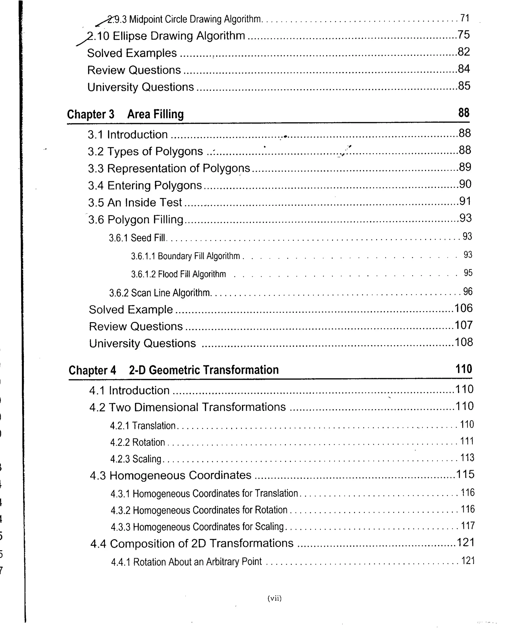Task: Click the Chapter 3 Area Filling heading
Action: (125, 114)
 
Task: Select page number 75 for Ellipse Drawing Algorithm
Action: (463, 35)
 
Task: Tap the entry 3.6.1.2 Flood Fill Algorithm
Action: (179, 274)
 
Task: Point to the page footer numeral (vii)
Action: (274, 598)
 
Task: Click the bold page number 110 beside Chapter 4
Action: (463, 369)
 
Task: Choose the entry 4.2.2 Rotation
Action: (137, 442)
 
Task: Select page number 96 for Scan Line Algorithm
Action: (468, 292)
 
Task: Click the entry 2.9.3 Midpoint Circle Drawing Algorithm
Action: (184, 19)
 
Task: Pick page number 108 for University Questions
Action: (463, 342)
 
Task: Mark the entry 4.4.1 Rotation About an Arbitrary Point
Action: (186, 562)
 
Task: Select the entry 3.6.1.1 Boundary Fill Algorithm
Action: (186, 256)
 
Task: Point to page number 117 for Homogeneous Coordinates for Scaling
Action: (468, 526)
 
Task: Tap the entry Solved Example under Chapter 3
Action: (131, 310)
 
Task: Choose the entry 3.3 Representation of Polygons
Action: (169, 168)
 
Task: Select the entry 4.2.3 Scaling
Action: (136, 459)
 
